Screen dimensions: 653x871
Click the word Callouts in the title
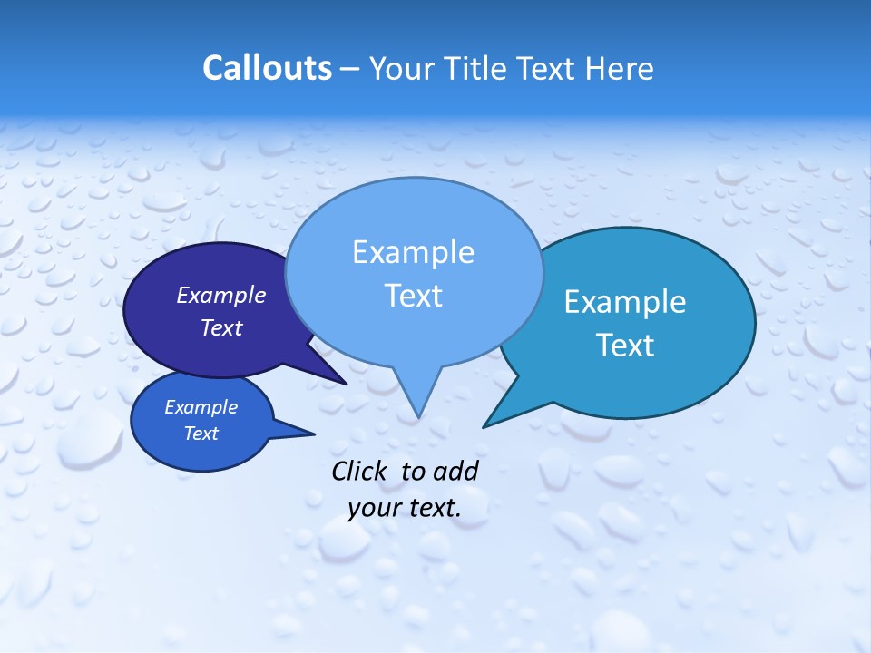(267, 68)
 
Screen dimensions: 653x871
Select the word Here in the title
(621, 68)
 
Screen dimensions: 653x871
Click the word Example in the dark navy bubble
(221, 295)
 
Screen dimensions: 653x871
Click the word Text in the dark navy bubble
(221, 327)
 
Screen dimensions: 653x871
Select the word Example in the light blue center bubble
(413, 252)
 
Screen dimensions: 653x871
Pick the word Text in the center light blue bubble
(413, 296)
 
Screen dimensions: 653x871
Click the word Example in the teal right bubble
(625, 302)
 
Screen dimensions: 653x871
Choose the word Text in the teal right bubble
(625, 346)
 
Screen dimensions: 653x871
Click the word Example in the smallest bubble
(201, 408)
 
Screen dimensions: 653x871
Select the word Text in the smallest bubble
(201, 434)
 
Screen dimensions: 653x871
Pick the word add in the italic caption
(455, 471)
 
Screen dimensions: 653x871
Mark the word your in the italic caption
(374, 508)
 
